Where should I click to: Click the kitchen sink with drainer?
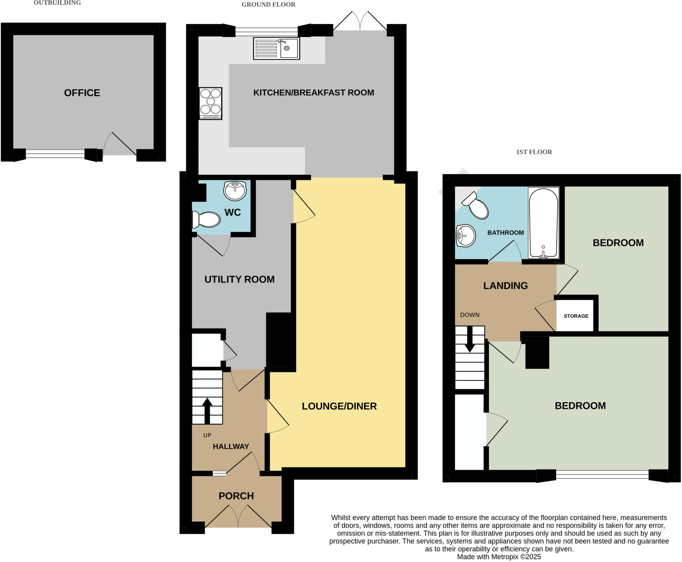[276, 49]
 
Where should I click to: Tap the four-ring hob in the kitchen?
[210, 103]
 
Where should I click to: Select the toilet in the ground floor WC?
[206, 220]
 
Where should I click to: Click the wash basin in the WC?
[235, 191]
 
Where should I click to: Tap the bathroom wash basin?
[466, 236]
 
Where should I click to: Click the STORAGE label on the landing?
[576, 316]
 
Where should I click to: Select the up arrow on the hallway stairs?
[207, 410]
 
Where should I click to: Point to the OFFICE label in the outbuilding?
[82, 93]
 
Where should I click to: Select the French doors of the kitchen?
[360, 22]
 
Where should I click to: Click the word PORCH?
[236, 496]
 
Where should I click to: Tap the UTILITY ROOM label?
[239, 279]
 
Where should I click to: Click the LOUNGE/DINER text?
[339, 406]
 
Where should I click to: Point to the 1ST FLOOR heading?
[534, 152]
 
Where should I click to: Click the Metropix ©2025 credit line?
[499, 557]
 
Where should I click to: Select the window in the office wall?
[55, 154]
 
